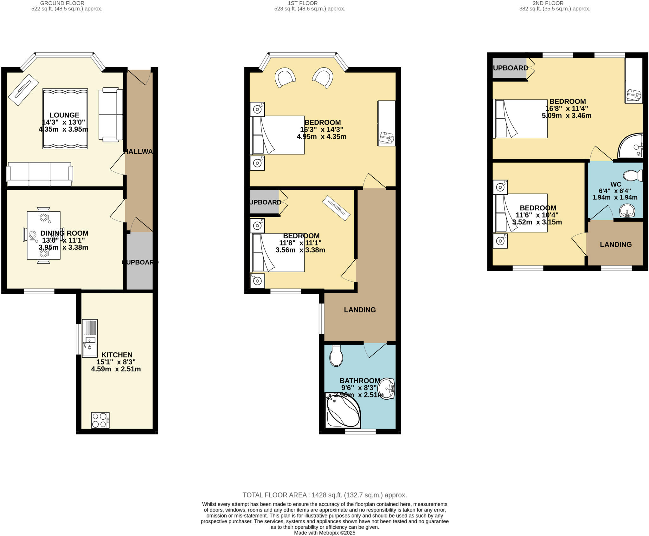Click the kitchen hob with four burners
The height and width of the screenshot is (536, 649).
point(100,420)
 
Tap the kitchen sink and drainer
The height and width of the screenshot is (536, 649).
point(90,338)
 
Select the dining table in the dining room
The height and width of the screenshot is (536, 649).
point(43,235)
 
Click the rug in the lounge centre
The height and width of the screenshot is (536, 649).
point(65,119)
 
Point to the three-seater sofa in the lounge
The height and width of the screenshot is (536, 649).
point(40,174)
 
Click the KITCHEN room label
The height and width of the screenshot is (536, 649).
point(117,355)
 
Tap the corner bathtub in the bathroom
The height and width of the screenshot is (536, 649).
point(343,411)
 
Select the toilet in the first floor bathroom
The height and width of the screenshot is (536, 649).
point(336,356)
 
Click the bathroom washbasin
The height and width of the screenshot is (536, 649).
point(387,389)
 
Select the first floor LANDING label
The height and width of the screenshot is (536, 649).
point(360,310)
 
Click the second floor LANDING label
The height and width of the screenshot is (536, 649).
point(615,245)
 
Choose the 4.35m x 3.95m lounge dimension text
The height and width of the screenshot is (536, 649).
point(63,129)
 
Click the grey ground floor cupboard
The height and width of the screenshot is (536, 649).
point(140,261)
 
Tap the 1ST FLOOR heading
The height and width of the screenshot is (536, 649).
point(302,3)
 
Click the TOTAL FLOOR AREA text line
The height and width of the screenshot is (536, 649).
point(324,495)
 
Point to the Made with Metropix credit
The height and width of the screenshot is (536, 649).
point(324,533)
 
